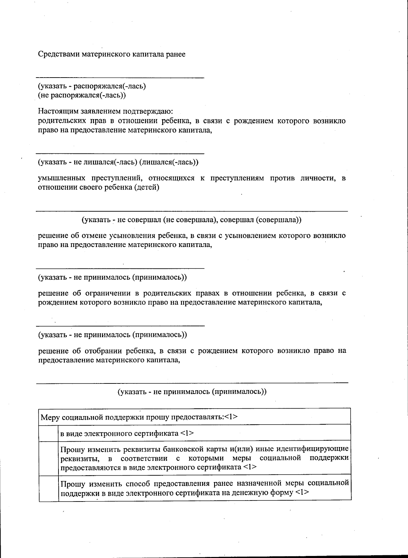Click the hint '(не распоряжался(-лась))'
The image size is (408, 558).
82,95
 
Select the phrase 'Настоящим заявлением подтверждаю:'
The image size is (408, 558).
105,111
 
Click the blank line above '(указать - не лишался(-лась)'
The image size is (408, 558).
120,153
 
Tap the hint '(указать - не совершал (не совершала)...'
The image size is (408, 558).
191,220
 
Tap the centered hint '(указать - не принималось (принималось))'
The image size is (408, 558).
192,392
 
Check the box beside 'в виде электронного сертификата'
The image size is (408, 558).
48,433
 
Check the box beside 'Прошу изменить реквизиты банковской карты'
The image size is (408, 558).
48,458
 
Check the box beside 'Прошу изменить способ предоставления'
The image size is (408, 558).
48,488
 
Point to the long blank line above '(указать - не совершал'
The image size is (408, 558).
192,211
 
